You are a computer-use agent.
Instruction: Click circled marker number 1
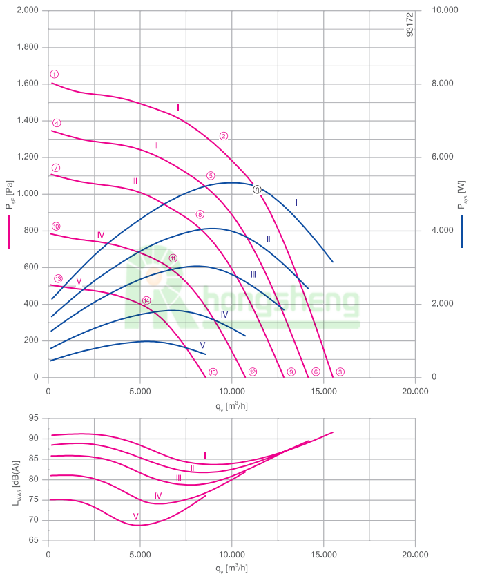click(x=55, y=74)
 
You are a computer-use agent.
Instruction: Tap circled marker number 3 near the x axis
click(x=340, y=372)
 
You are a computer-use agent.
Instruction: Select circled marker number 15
click(x=213, y=372)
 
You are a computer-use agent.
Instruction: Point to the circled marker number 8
click(x=200, y=214)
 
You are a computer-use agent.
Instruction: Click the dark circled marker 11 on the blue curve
click(x=256, y=189)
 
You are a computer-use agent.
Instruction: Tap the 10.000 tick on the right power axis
click(x=445, y=11)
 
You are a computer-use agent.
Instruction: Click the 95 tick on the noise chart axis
click(x=33, y=418)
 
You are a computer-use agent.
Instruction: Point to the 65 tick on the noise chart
click(x=33, y=541)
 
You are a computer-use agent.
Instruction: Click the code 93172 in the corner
click(x=409, y=23)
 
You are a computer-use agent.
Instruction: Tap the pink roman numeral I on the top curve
click(x=178, y=108)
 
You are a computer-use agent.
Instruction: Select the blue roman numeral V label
click(x=202, y=345)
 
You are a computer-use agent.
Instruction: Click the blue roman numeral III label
click(x=253, y=274)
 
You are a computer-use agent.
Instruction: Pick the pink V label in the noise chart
click(x=136, y=517)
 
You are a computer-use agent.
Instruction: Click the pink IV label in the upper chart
click(x=101, y=235)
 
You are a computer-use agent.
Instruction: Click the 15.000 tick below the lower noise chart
click(x=323, y=554)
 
